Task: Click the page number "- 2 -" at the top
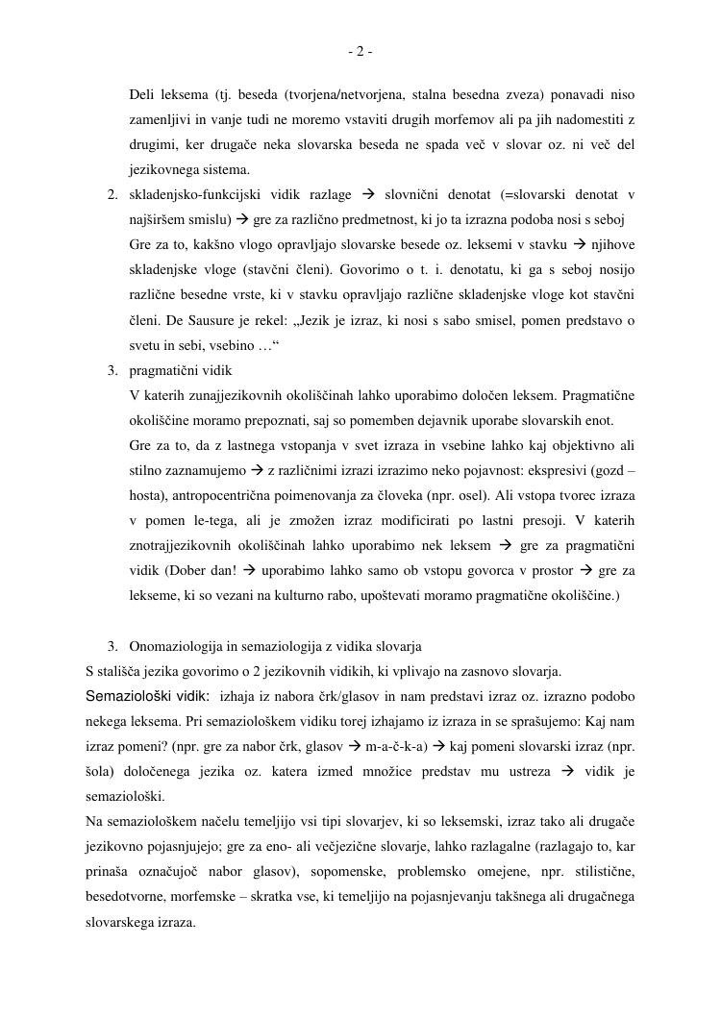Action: pos(360,52)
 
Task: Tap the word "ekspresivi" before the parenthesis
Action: pos(558,471)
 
